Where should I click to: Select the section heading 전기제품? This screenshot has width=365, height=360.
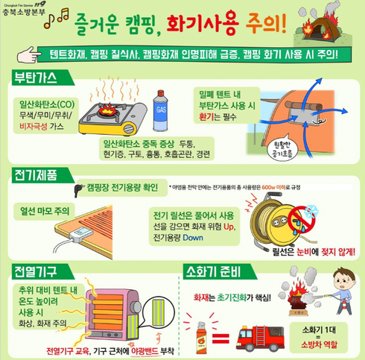[36, 176]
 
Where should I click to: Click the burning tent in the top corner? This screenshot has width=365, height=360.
[332, 25]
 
